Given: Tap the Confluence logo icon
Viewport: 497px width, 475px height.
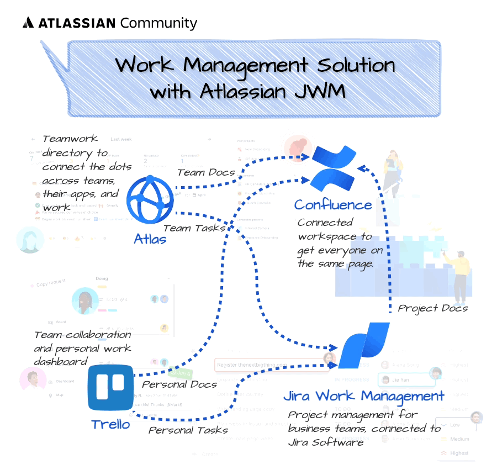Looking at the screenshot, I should coord(334,168).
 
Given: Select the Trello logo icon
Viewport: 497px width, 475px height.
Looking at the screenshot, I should coord(111,387).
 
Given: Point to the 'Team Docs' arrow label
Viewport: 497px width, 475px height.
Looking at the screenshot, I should coord(206,172).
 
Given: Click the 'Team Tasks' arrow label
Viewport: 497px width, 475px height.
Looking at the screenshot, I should coord(194,228).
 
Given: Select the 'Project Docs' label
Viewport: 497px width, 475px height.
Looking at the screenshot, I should coord(432,308).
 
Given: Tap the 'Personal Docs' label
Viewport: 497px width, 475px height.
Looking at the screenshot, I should coord(179,384).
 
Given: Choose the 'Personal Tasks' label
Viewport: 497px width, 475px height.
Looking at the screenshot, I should coord(188,430).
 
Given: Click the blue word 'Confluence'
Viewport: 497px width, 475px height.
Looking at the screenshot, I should coord(333,205).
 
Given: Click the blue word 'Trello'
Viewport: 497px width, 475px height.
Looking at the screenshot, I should coord(110,424).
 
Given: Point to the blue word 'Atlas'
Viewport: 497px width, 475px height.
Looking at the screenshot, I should coord(150,240).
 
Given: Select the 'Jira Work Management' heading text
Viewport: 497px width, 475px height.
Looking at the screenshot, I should coord(363,396).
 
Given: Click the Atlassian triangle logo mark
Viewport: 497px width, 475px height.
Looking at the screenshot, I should coord(29,23).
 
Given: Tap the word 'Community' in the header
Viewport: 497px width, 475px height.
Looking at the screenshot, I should coord(158,23).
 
